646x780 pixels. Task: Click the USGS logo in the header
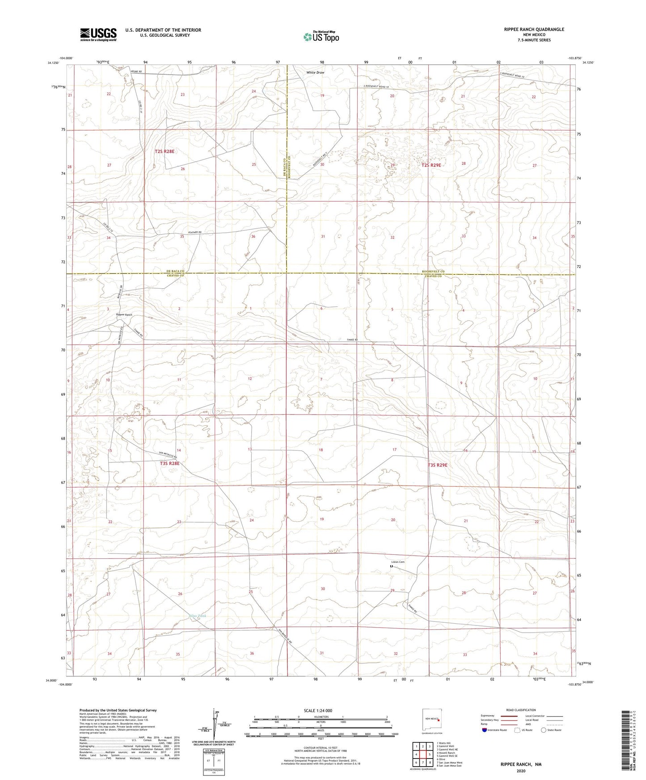point(98,34)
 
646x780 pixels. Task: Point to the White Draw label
point(315,72)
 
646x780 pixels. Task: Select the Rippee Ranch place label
point(124,315)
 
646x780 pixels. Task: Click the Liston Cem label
point(398,562)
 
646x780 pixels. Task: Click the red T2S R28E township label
point(164,151)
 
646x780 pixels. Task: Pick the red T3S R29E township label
point(437,465)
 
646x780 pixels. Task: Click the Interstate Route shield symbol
point(485,730)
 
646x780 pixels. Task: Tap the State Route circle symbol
point(543,730)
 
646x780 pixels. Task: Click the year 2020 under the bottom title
point(521,771)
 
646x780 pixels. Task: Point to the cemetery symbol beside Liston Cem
point(391,566)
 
